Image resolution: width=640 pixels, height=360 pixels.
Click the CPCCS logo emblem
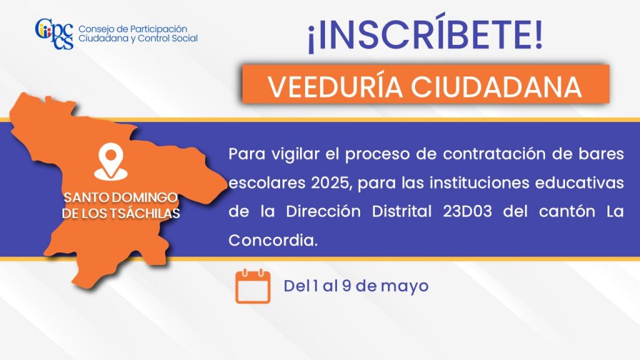(x=54, y=34)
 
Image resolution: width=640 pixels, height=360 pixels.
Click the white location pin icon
(x=111, y=162)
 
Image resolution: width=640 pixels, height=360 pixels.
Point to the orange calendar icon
(x=253, y=286)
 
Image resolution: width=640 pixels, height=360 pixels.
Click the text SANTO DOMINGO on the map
(x=121, y=197)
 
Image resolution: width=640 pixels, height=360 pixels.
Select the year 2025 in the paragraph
(x=331, y=183)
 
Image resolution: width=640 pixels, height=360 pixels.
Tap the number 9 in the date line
(x=346, y=286)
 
